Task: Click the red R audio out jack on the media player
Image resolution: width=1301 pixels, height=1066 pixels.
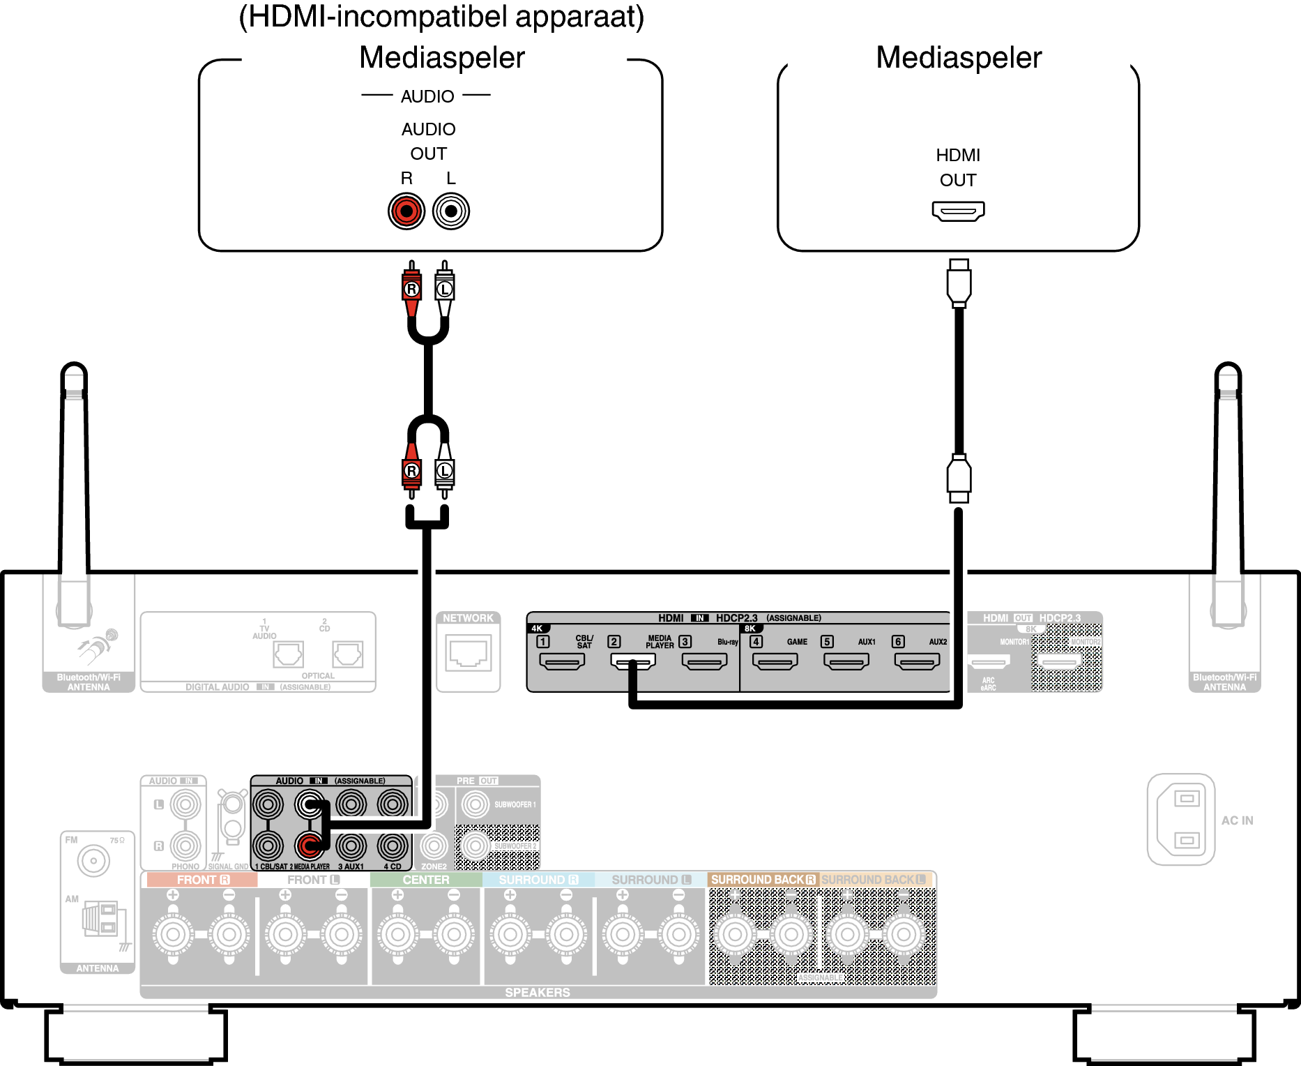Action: pyautogui.click(x=406, y=211)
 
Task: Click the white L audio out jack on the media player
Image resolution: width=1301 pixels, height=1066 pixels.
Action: pyautogui.click(x=451, y=211)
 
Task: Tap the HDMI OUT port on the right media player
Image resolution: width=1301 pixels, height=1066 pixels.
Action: pyautogui.click(x=958, y=211)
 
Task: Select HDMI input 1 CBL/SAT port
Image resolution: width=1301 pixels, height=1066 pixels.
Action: pyautogui.click(x=562, y=661)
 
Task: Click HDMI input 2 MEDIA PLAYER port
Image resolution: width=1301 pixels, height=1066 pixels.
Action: pyautogui.click(x=633, y=661)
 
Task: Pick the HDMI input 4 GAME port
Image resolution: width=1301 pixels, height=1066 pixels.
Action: pyautogui.click(x=775, y=661)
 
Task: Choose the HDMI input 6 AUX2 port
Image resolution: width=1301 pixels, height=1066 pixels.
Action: pyautogui.click(x=917, y=661)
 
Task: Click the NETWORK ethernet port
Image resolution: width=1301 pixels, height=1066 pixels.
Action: pyautogui.click(x=469, y=654)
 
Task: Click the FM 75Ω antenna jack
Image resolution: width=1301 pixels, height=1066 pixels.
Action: pyautogui.click(x=93, y=861)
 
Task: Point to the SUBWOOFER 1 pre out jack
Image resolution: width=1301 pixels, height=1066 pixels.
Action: pyautogui.click(x=475, y=804)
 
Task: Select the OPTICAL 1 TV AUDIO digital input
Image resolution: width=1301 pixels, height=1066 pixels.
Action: pyautogui.click(x=288, y=654)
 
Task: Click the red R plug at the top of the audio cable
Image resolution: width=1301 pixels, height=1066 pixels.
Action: pyautogui.click(x=412, y=288)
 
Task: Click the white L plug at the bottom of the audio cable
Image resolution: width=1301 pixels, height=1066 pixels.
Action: pyautogui.click(x=444, y=472)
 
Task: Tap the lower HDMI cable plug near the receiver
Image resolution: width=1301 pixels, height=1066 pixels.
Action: pyautogui.click(x=959, y=479)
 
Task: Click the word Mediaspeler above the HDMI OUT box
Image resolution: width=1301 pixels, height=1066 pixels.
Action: pyautogui.click(x=958, y=57)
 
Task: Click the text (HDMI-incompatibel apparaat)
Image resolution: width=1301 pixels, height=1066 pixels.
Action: pyautogui.click(x=441, y=17)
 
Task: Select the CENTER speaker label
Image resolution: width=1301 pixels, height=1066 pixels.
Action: pyautogui.click(x=425, y=880)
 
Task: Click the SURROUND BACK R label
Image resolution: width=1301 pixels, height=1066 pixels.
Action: pyautogui.click(x=762, y=880)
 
